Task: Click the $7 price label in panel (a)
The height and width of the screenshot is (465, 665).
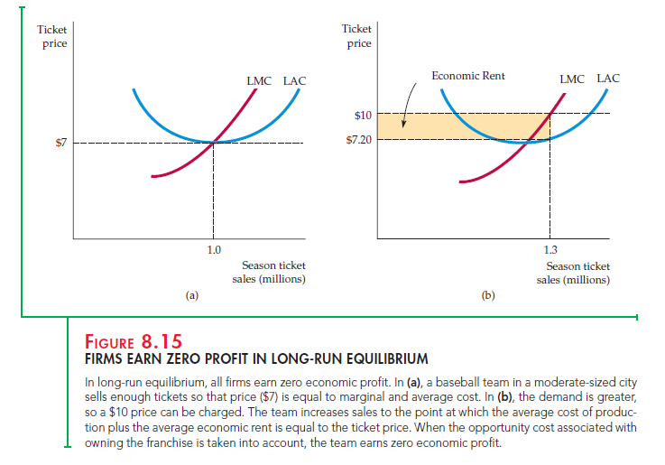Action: pos(60,144)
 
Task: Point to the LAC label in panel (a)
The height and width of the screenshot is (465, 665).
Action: pos(294,81)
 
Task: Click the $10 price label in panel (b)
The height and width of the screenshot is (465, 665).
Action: pos(361,115)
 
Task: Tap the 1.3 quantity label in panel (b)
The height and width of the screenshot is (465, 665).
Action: pos(550,249)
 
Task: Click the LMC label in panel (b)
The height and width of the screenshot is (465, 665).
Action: pos(571,79)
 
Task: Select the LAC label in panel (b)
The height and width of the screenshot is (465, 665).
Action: pos(607,79)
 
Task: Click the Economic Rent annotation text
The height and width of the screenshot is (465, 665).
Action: pos(467,76)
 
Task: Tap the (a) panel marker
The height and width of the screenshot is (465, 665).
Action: pos(191,294)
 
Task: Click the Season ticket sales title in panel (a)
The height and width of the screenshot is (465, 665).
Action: pos(274,272)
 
